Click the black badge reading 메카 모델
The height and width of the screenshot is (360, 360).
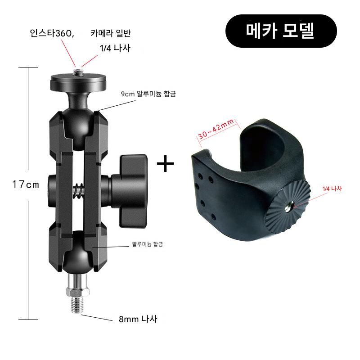[281, 31]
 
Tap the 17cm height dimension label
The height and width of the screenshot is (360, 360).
[26, 184]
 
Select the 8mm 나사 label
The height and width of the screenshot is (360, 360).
[138, 319]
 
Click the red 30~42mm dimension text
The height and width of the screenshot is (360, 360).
[216, 129]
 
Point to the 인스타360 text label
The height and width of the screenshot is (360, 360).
[52, 33]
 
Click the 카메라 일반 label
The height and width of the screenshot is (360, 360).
[110, 33]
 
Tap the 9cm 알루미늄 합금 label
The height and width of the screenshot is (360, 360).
[148, 94]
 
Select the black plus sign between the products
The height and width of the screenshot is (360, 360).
[165, 163]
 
